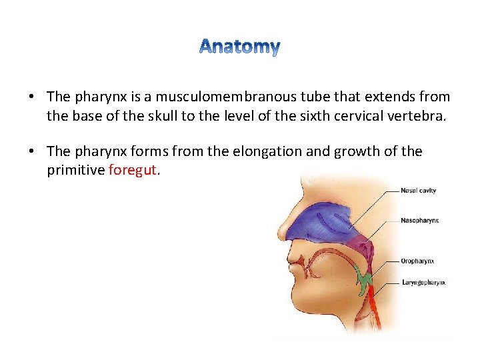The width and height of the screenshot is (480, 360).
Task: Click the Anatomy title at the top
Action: click(239, 47)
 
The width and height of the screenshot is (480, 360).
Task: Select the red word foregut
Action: click(133, 169)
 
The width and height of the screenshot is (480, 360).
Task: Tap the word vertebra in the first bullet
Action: click(421, 115)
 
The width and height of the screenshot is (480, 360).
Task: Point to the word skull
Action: click(162, 115)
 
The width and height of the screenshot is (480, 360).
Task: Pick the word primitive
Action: click(75, 169)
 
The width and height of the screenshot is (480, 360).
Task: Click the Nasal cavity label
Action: click(418, 191)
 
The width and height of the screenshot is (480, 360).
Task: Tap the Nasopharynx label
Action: click(420, 220)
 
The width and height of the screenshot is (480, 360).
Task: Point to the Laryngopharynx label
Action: click(423, 283)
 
